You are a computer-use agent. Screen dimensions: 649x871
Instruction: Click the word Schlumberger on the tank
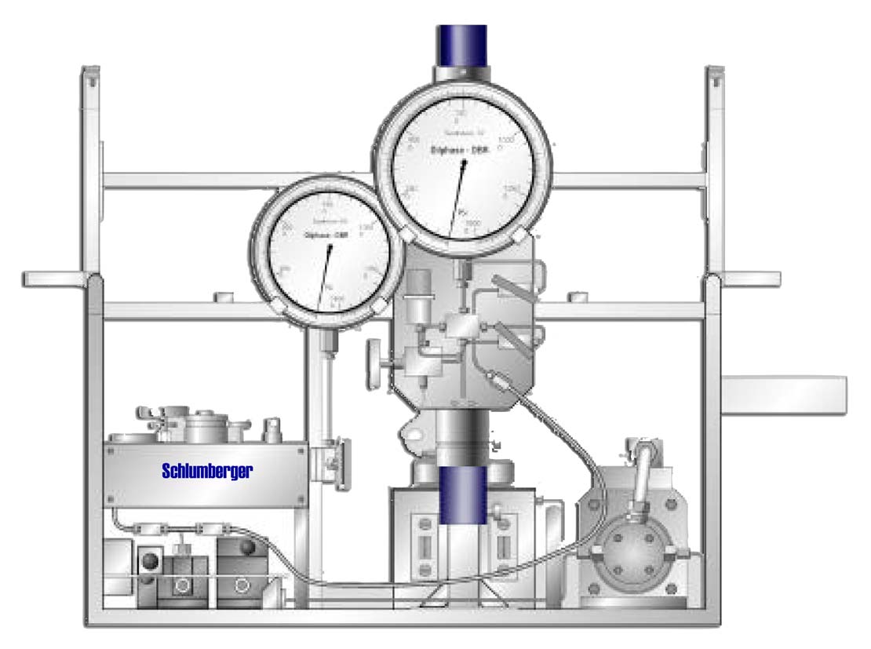pyautogui.click(x=207, y=472)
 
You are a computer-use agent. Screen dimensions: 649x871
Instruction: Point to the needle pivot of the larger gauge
pyautogui.click(x=465, y=164)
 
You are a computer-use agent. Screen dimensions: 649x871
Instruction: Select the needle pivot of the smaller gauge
pyautogui.click(x=330, y=249)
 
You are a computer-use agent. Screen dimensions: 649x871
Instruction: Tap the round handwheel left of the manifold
pyautogui.click(x=374, y=362)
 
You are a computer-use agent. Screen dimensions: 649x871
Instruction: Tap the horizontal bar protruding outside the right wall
pyautogui.click(x=784, y=395)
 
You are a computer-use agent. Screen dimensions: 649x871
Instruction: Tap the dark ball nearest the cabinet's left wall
pyautogui.click(x=147, y=558)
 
